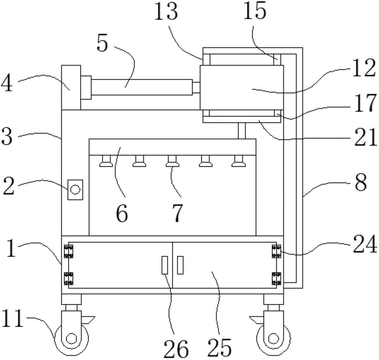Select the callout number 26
[176, 349]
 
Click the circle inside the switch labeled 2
[75, 189]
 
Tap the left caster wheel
[72, 338]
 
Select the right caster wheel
[274, 338]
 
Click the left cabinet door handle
[164, 265]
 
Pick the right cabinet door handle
[180, 265]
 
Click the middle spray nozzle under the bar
[172, 161]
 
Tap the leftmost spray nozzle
[106, 161]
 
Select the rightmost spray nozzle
[239, 161]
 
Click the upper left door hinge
[68, 252]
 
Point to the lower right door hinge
[277, 278]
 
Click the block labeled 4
[71, 87]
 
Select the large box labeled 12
[242, 87]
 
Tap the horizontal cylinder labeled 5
[142, 87]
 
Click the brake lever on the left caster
[88, 320]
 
